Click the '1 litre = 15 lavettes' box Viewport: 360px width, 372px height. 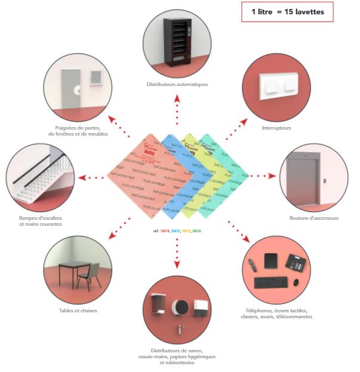[287, 12]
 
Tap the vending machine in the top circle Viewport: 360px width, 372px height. [177, 41]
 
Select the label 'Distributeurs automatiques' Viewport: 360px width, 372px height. [177, 84]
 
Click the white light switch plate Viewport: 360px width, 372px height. [278, 86]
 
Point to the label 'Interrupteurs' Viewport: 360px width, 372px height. [275, 127]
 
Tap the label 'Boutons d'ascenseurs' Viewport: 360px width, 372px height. [313, 219]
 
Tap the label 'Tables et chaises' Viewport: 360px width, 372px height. [78, 310]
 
